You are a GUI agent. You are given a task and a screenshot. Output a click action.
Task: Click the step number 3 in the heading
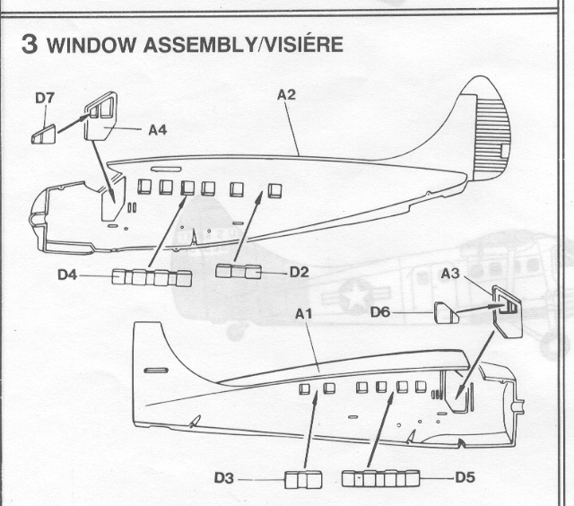coord(30,45)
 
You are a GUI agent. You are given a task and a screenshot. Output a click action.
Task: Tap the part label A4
coord(159,129)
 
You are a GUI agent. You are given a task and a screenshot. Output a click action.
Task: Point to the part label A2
coord(286,92)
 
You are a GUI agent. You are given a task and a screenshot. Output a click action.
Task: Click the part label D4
coord(66,275)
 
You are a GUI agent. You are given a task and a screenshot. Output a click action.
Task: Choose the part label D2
coord(299,271)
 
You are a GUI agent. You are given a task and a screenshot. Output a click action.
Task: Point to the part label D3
coord(224,479)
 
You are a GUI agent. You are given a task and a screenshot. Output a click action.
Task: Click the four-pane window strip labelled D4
coord(152,277)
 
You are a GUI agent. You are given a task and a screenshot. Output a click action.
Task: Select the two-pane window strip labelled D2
coord(239,271)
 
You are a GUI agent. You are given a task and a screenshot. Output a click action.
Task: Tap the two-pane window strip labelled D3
coord(302,480)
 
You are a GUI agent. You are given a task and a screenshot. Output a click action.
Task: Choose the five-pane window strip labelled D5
coord(380,479)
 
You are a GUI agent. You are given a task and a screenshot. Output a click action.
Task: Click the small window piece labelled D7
coord(43,135)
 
